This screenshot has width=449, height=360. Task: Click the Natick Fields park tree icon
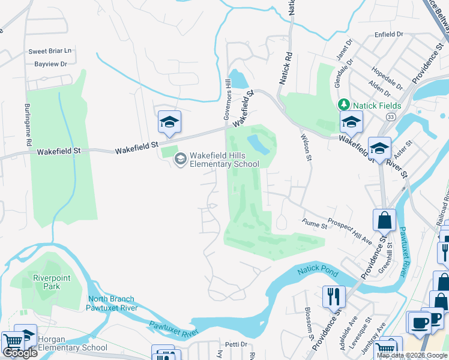(344, 105)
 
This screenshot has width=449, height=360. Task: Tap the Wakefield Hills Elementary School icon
(179, 159)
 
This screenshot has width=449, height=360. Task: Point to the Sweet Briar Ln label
(50, 52)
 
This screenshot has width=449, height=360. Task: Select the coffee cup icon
(420, 322)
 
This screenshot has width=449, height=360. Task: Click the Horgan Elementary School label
(73, 343)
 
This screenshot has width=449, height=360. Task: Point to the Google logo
(20, 352)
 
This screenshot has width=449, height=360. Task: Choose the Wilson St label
(306, 146)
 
